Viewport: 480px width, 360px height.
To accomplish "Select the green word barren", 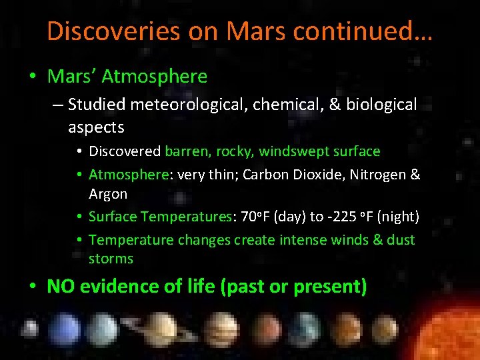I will [187, 151].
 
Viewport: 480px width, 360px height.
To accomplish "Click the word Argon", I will [107, 194].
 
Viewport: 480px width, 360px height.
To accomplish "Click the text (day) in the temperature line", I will [287, 217].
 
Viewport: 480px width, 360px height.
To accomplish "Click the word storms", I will [111, 259].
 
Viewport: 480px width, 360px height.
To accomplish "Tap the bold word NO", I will [60, 287].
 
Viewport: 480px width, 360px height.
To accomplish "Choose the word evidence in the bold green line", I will [115, 287].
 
